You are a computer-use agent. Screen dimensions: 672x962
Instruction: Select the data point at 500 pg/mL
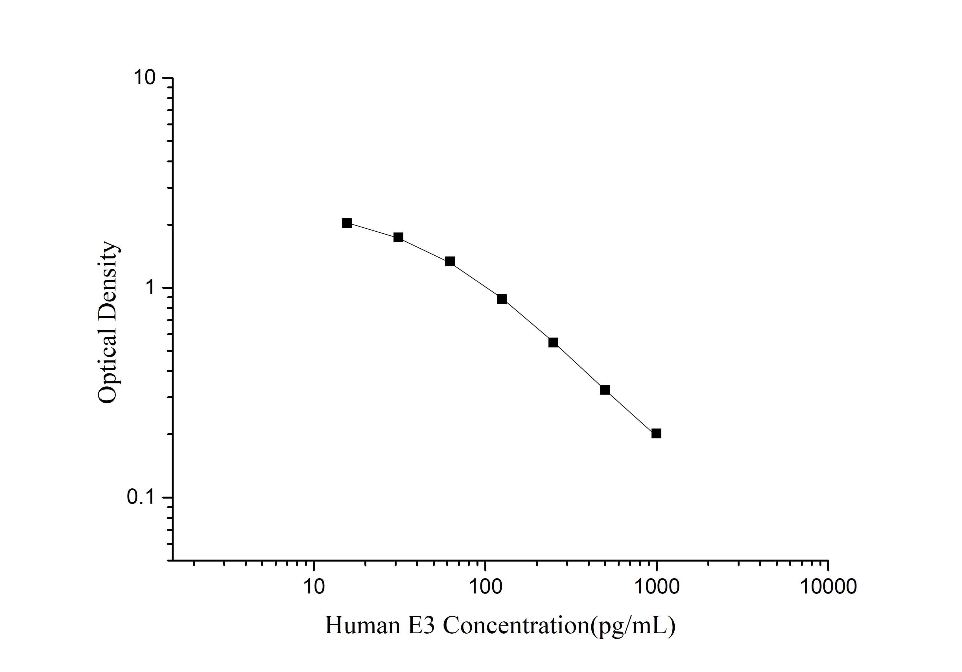coord(605,390)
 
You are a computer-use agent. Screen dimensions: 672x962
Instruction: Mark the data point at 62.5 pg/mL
coord(450,262)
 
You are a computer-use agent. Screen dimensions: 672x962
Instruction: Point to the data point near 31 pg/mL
coord(399,238)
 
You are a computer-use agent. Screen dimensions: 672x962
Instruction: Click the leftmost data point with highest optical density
coord(347,223)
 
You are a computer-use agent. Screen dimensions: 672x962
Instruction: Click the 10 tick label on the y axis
coord(144,78)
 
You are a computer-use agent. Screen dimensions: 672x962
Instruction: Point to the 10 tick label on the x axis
coord(314,587)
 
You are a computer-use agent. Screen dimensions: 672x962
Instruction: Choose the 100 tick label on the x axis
coord(485,587)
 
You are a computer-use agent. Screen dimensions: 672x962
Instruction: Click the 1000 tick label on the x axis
coord(657,587)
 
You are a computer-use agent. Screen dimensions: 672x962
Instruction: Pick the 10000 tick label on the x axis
coord(828,587)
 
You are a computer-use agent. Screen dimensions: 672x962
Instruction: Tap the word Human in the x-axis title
coord(362,626)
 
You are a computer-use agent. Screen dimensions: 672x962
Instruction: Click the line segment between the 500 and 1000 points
coord(631,411)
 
